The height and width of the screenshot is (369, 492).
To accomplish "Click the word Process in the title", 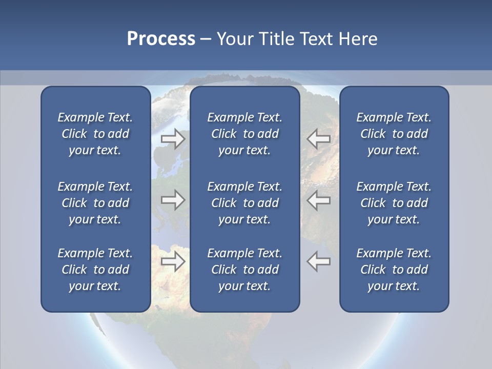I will pos(161,39).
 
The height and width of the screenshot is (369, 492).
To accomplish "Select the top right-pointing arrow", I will pos(173,139).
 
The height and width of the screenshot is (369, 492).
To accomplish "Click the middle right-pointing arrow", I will pos(173,200).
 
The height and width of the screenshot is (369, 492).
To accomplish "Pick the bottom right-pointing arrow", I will pos(173,261).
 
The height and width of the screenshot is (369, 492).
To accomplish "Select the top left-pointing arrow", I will pos(319,139).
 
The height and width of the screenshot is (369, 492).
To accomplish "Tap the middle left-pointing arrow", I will pos(319,200).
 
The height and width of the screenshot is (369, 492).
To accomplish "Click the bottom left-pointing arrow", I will pos(319,261).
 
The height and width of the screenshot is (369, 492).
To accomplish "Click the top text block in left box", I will pos(95,134).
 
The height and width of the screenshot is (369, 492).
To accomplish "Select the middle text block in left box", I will pos(95,203).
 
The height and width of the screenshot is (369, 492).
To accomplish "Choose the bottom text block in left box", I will pos(95,270).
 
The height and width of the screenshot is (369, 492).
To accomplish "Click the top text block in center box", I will pos(244,134).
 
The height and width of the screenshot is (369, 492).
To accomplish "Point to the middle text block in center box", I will pos(244,203).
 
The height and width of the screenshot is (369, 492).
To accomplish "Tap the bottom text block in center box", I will pos(244,270).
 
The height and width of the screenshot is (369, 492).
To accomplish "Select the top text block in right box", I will pos(394,134).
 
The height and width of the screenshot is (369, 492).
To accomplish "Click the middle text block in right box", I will pos(394,203).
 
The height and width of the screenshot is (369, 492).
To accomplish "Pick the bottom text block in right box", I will pos(394,270).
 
